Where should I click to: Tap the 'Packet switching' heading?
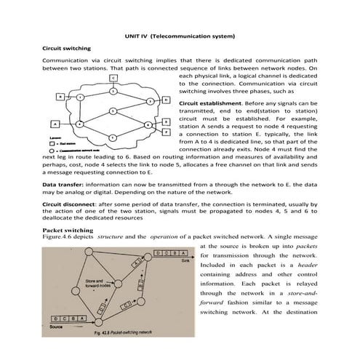[68, 230]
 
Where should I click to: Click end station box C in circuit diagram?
[113, 77]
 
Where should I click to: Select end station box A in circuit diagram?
[55, 122]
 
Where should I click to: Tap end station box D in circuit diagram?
[167, 99]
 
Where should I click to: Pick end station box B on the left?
[59, 96]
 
